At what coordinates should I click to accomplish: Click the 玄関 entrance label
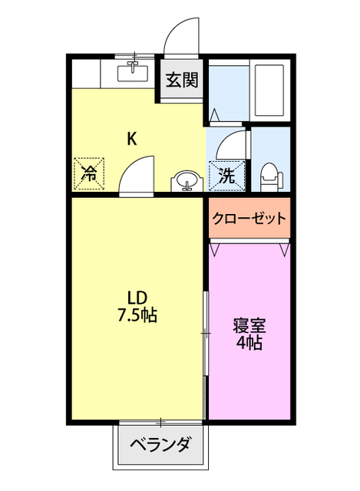point(182,80)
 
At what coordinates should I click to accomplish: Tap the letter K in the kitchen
point(131,139)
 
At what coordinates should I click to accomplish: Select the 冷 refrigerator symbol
point(89,173)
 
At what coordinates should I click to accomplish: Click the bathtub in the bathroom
point(269,90)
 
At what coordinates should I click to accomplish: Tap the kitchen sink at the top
point(132,74)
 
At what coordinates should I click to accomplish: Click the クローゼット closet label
point(249,218)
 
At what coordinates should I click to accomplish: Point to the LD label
point(137,297)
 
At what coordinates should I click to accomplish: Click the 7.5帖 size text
point(137,315)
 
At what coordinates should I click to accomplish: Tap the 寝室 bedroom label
point(248,325)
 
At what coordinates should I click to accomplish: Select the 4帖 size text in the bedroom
point(248,343)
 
